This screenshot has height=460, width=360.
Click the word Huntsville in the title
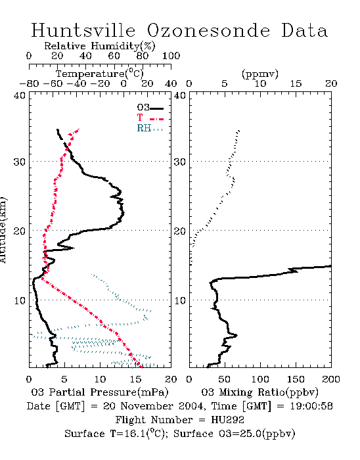[83, 30]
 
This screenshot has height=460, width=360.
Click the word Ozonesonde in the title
[208, 30]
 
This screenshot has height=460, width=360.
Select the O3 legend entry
[150, 108]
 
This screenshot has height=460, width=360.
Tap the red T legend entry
[150, 118]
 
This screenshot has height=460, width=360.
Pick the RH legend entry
[150, 128]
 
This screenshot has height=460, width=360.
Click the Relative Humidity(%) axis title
[100, 46]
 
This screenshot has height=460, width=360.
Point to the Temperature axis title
[100, 74]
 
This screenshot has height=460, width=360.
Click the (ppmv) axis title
[259, 74]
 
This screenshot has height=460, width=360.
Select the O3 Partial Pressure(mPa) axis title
[100, 392]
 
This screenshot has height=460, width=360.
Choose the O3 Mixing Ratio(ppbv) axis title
[259, 392]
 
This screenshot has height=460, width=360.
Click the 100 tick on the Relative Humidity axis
[171, 56]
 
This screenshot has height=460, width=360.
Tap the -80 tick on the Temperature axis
[29, 83]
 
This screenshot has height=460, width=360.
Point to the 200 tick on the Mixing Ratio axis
[331, 379]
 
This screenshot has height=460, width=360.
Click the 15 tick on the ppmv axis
[296, 83]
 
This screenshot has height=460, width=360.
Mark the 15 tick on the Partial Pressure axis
[135, 379]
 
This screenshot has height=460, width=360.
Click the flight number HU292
[227, 420]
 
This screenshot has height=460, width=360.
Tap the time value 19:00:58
[311, 406]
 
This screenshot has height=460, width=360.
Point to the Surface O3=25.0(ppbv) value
[235, 434]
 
